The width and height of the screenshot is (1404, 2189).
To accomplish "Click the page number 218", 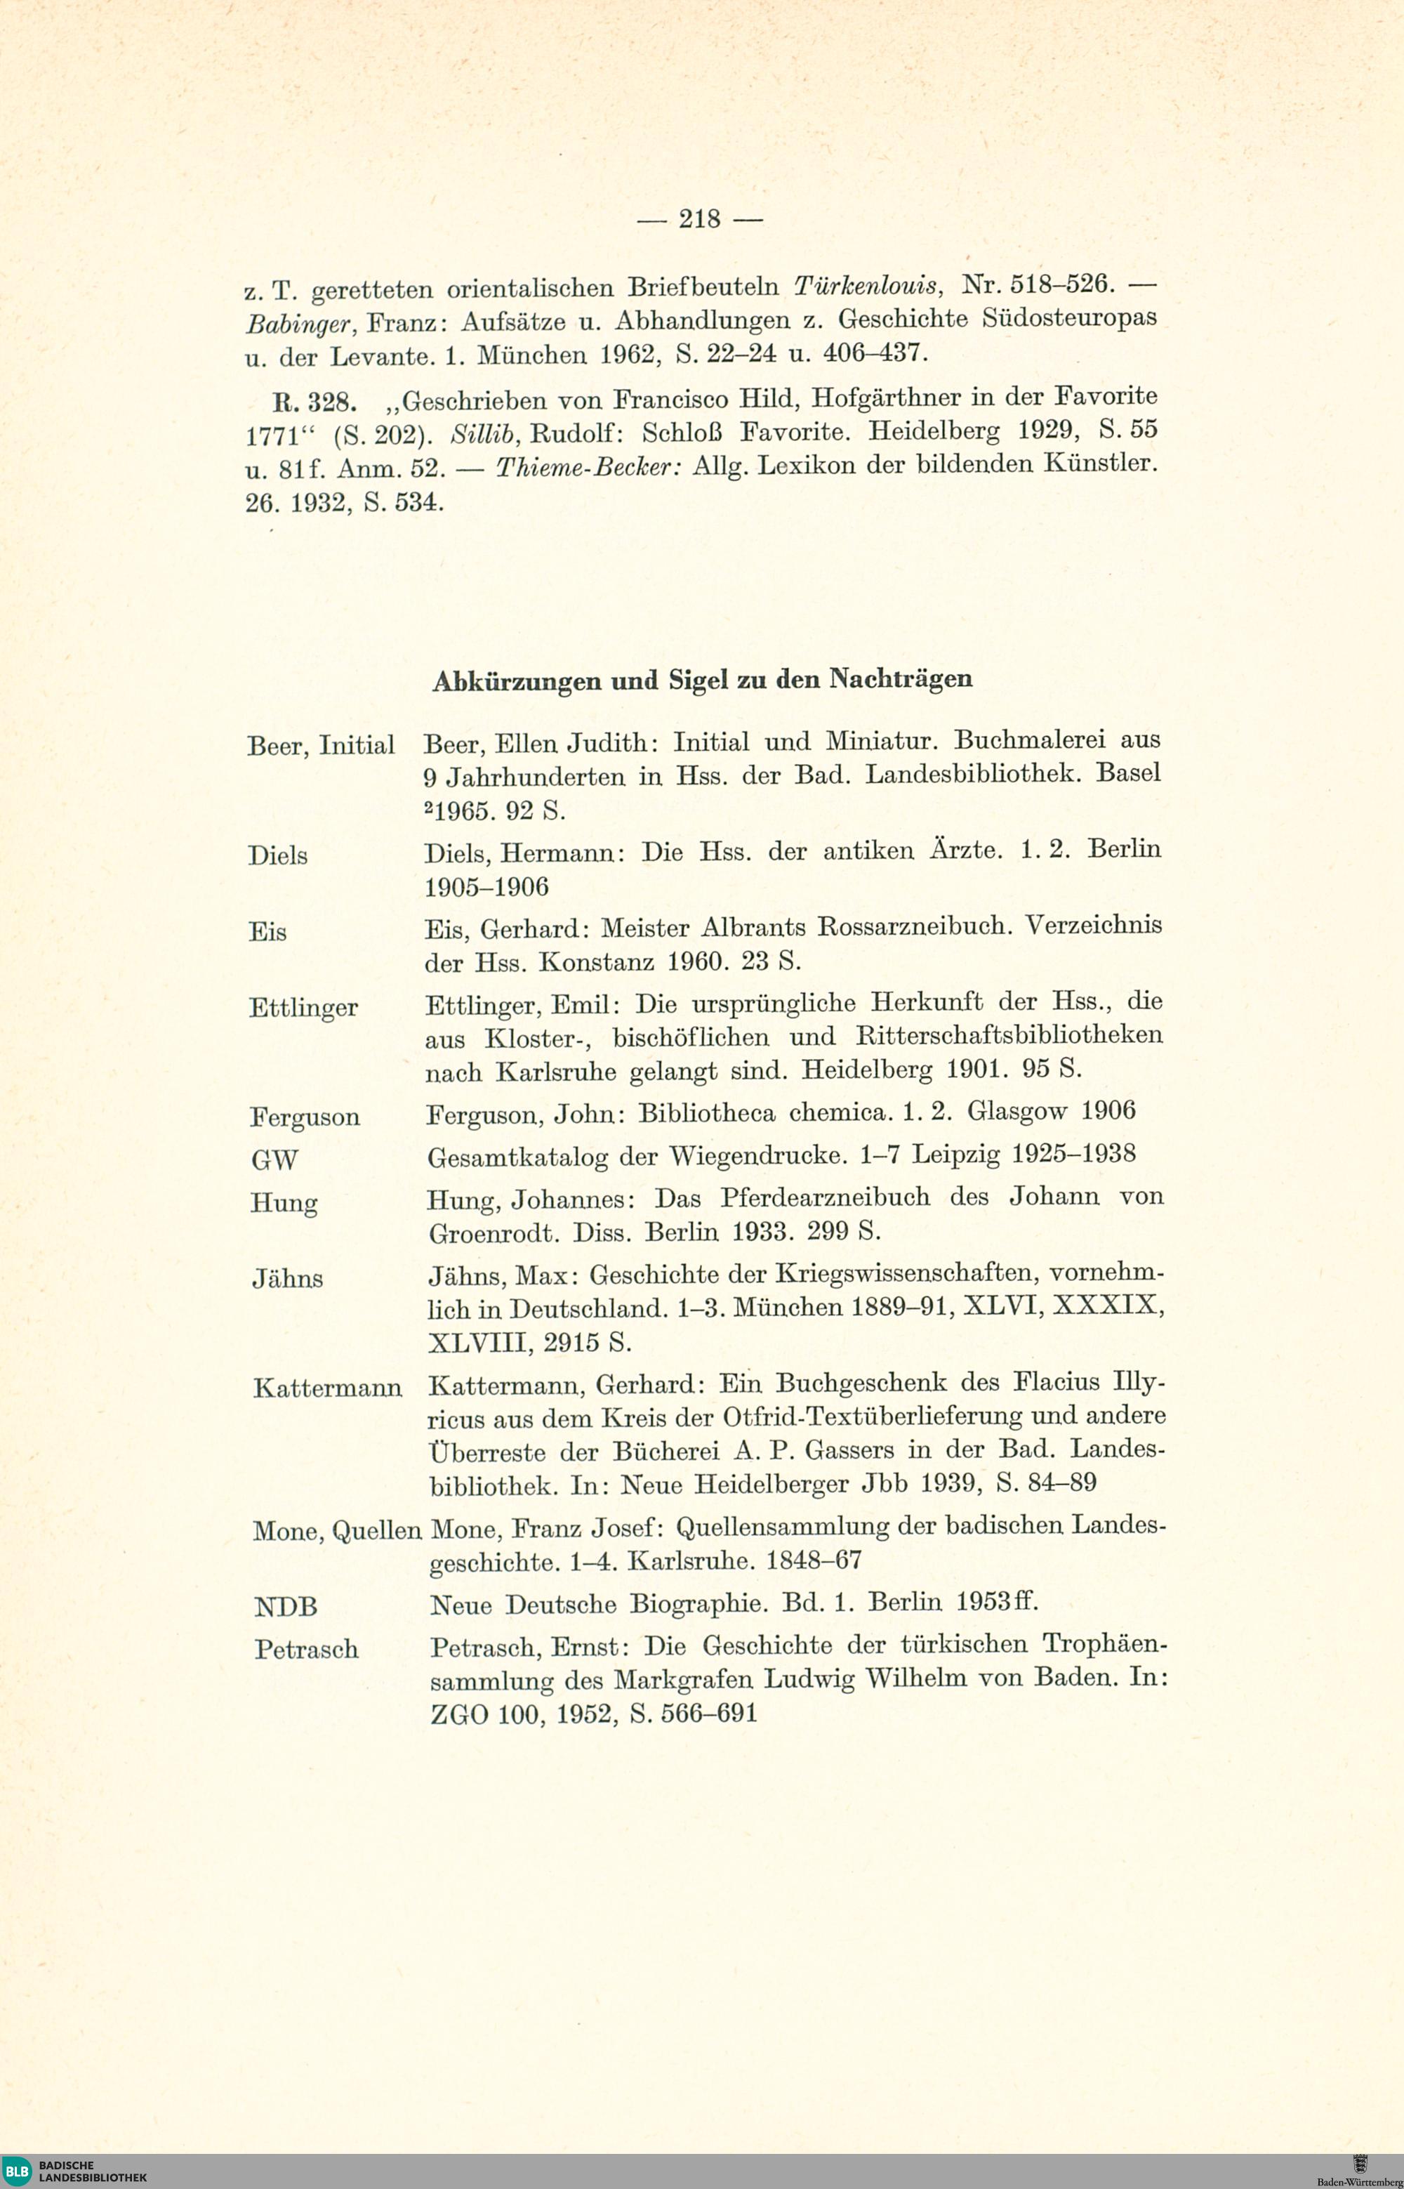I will click(700, 219).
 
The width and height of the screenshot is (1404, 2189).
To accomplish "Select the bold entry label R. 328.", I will click(311, 402).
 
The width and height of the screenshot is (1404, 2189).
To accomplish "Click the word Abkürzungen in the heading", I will click(516, 681).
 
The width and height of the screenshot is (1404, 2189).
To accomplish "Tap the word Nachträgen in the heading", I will click(901, 678).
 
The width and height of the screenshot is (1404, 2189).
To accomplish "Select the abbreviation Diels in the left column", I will click(278, 855).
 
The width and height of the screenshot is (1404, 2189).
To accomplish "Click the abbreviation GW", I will click(274, 1160).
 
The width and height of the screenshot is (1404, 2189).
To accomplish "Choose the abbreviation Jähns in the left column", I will click(287, 1279).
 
